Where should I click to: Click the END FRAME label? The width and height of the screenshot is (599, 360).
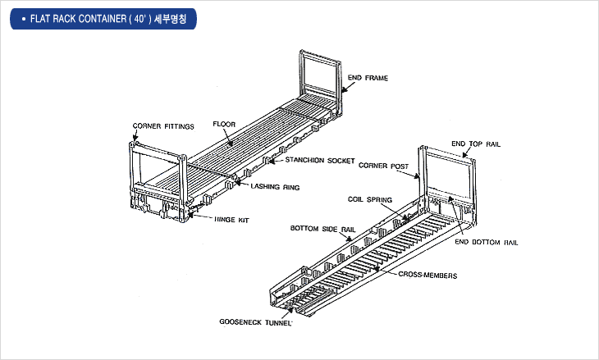(368, 79)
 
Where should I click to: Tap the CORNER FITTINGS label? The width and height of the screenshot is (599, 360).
(163, 126)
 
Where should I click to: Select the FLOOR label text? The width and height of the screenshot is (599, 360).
(224, 125)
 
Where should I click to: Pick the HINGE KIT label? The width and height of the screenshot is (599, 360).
(231, 220)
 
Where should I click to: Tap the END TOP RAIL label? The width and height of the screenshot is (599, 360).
(476, 144)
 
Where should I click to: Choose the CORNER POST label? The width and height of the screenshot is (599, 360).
(384, 165)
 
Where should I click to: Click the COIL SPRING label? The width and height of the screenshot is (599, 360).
(370, 199)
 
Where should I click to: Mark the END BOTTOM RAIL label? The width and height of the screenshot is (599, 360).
(486, 244)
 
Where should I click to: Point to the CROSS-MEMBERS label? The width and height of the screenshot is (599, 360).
(428, 276)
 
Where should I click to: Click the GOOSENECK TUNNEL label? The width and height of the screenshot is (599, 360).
(256, 321)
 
